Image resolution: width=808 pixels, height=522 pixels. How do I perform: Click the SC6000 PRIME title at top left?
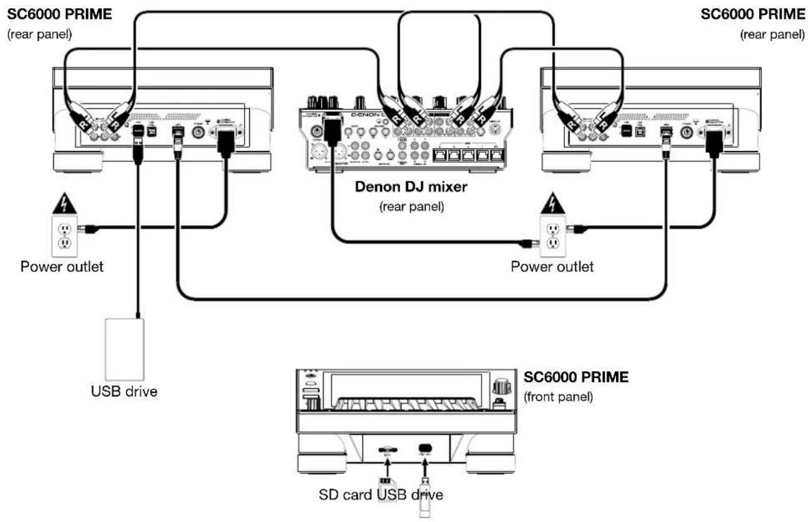[60, 14]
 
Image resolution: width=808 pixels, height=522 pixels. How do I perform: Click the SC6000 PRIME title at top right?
[753, 14]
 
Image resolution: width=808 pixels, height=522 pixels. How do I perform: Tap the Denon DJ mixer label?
[412, 187]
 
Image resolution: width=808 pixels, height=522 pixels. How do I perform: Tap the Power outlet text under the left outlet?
[62, 266]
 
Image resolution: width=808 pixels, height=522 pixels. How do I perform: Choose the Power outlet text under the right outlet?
[552, 266]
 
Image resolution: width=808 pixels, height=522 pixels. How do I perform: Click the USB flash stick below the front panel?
[425, 496]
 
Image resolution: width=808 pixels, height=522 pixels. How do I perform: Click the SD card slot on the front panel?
[387, 450]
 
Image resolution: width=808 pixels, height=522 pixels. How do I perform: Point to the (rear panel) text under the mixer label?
[412, 207]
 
